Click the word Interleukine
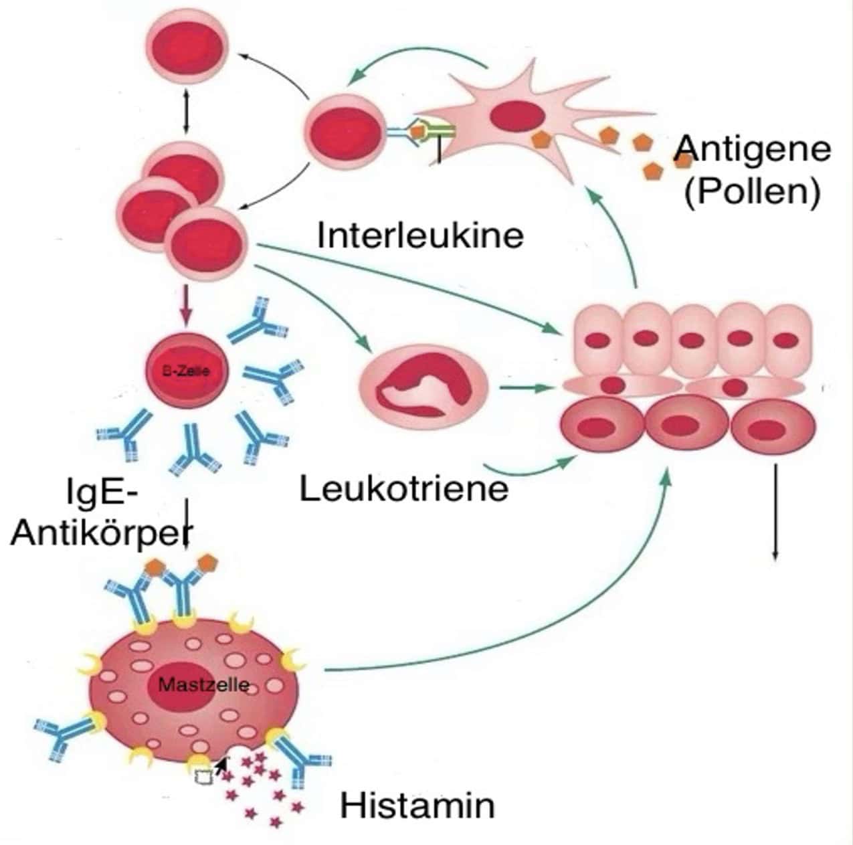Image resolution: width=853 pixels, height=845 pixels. (x=421, y=236)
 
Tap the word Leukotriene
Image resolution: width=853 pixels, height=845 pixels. (x=404, y=489)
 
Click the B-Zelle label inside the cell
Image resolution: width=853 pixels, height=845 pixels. (x=187, y=371)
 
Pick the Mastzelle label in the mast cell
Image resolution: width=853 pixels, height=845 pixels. (x=203, y=685)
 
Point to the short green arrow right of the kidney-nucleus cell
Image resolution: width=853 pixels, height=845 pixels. (x=527, y=389)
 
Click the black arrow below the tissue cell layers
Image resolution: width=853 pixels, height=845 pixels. (x=775, y=512)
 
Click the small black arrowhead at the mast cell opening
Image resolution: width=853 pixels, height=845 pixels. (x=221, y=763)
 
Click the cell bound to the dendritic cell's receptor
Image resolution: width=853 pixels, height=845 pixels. (x=346, y=133)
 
